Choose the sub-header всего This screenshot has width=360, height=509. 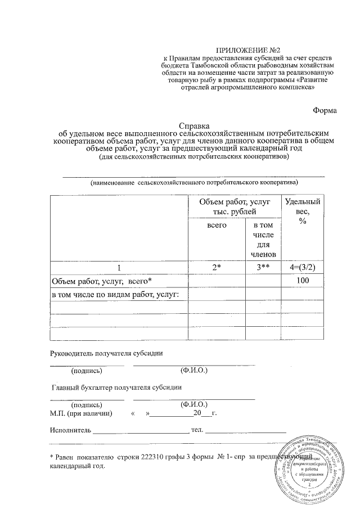(217, 225)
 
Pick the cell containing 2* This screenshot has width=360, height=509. (217, 268)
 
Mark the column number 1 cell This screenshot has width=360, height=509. (119, 268)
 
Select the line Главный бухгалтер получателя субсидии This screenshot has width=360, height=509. (116, 387)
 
